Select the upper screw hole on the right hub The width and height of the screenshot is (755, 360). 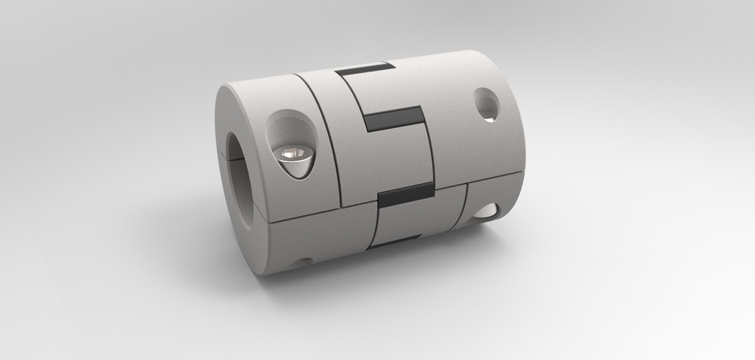pos(486,104)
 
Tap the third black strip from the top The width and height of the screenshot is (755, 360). pos(405,191)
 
